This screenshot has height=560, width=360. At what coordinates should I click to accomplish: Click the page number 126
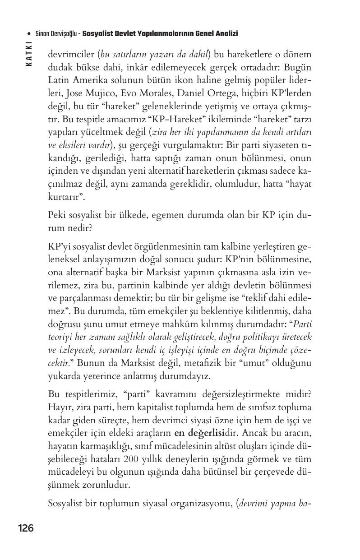pos(26,528)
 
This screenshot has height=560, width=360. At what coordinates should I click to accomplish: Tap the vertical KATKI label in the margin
pos(29,54)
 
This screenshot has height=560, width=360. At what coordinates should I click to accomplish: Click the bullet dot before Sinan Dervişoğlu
pos(29,34)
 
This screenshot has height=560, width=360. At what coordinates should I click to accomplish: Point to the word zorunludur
pos(105,485)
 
